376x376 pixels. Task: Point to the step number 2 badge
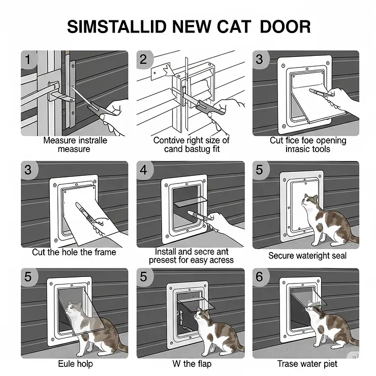tap(144, 59)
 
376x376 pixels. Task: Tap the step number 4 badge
tap(144, 169)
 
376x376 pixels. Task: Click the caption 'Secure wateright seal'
tap(307, 256)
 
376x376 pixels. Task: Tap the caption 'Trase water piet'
tap(307, 364)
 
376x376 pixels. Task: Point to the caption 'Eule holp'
tap(75, 364)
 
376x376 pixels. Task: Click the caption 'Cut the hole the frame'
tap(74, 252)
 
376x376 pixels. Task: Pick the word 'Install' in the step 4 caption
tap(166, 252)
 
